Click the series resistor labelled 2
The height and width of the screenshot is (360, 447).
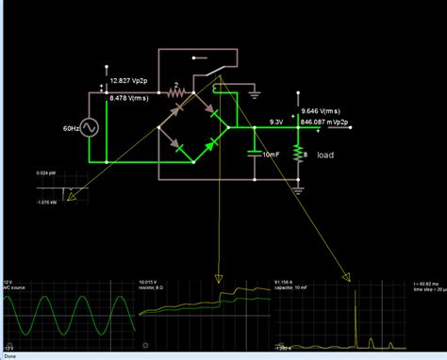click(174, 93)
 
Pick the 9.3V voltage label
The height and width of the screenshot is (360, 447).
click(276, 122)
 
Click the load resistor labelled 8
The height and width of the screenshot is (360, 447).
click(298, 154)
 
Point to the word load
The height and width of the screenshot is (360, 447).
click(325, 155)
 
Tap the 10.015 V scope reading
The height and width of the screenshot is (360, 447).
click(151, 281)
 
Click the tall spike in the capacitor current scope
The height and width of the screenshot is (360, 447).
click(353, 311)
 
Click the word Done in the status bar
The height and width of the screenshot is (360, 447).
click(9, 356)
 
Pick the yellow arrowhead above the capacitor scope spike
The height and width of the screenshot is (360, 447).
click(348, 277)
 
